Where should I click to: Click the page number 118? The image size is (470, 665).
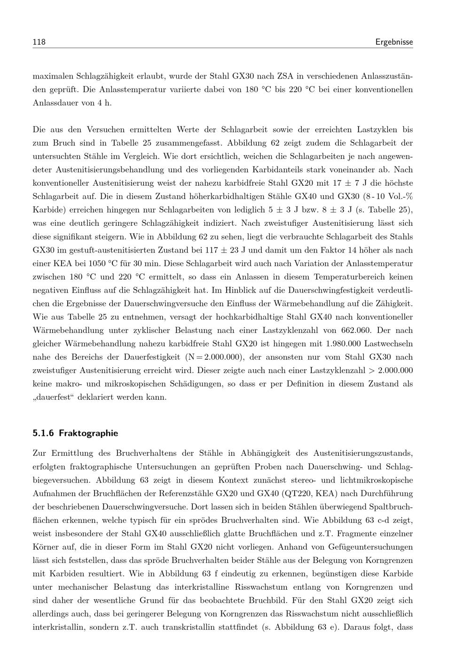pyautogui.click(x=39, y=42)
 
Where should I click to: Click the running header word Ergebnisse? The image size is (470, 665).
pyautogui.click(x=394, y=42)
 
